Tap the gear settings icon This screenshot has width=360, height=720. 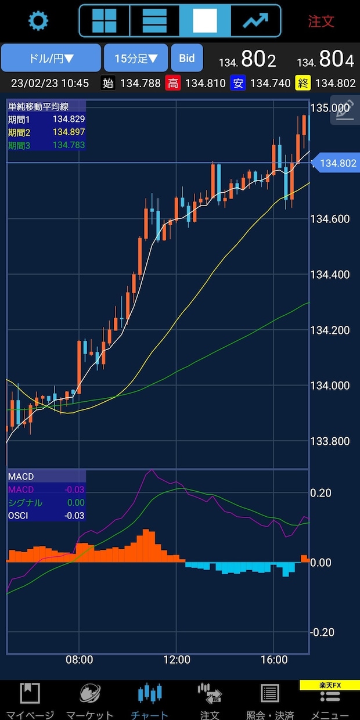coord(38,20)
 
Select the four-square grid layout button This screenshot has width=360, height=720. coord(104,20)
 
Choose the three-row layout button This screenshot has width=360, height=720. coord(154,20)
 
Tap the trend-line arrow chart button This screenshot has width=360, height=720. coord(255,20)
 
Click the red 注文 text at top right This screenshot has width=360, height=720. coord(321,21)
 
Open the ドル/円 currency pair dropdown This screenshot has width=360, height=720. coord(51,58)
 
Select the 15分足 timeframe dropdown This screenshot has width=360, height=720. coord(136,58)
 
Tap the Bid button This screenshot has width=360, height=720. coord(187,58)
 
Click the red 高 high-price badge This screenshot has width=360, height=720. coord(173,84)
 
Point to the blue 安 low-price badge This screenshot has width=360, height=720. coord(238,84)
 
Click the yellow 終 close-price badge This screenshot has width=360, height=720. coord(303,84)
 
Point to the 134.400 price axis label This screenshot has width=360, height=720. coord(330,275)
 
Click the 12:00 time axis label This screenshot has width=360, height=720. coord(177,660)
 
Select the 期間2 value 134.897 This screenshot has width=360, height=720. coord(69,132)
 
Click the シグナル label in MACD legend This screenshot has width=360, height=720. coord(25,502)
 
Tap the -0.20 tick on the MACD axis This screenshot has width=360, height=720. coord(322,632)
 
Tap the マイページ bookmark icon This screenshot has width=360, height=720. coord(30,693)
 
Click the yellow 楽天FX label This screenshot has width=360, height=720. coord(330,685)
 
